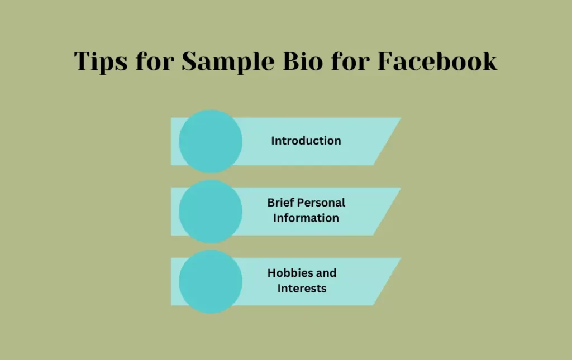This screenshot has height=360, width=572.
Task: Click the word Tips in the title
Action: (x=101, y=61)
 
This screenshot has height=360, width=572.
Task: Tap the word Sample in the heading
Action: (x=228, y=61)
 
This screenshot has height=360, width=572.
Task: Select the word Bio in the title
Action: (x=303, y=61)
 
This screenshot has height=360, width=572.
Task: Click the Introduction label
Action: (x=306, y=141)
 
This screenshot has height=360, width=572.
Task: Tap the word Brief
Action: (x=280, y=203)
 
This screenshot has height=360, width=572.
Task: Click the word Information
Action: (x=306, y=218)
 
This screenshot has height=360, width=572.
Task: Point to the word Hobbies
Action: (x=286, y=273)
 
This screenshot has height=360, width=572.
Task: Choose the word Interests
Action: (x=302, y=288)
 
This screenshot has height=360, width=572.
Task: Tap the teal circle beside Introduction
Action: (x=211, y=141)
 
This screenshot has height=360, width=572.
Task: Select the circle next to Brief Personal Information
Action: (x=211, y=212)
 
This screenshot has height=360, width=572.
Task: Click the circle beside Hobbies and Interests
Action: (x=211, y=282)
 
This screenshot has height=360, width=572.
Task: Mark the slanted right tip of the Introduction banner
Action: (x=401, y=118)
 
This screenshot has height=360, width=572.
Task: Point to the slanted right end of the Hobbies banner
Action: (x=401, y=258)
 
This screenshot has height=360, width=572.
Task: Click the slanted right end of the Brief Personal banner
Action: (x=401, y=188)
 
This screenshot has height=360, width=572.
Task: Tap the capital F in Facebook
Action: (x=386, y=61)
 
